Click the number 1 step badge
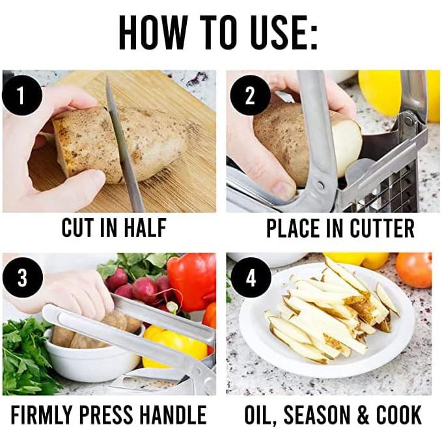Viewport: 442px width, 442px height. click(x=21, y=96)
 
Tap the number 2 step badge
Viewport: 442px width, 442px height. click(x=249, y=96)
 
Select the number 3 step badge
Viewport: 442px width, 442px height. click(x=22, y=278)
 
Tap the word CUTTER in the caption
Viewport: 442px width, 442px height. click(x=381, y=228)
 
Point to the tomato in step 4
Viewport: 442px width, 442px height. click(x=414, y=269)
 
